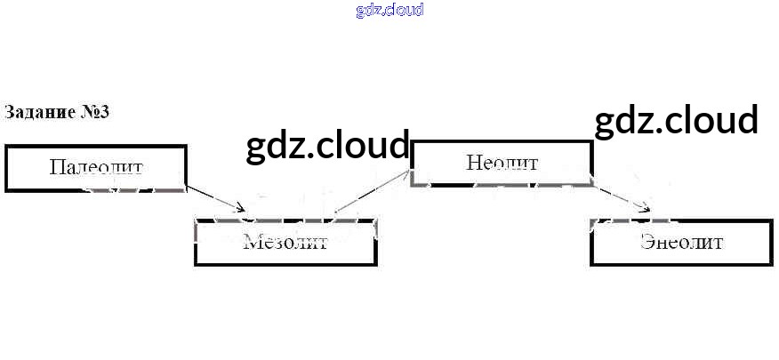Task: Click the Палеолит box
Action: coord(96,168)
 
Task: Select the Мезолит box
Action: coord(285,242)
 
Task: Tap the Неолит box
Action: coord(502,163)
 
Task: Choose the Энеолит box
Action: coord(681,242)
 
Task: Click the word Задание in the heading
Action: coord(35,113)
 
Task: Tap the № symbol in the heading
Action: coord(87,113)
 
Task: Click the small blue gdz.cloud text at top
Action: coord(389,10)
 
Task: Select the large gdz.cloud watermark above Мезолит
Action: coord(328,146)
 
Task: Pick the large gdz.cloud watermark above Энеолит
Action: coord(676,120)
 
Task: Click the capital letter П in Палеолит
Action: coord(57,167)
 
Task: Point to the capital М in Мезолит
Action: coord(251,242)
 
